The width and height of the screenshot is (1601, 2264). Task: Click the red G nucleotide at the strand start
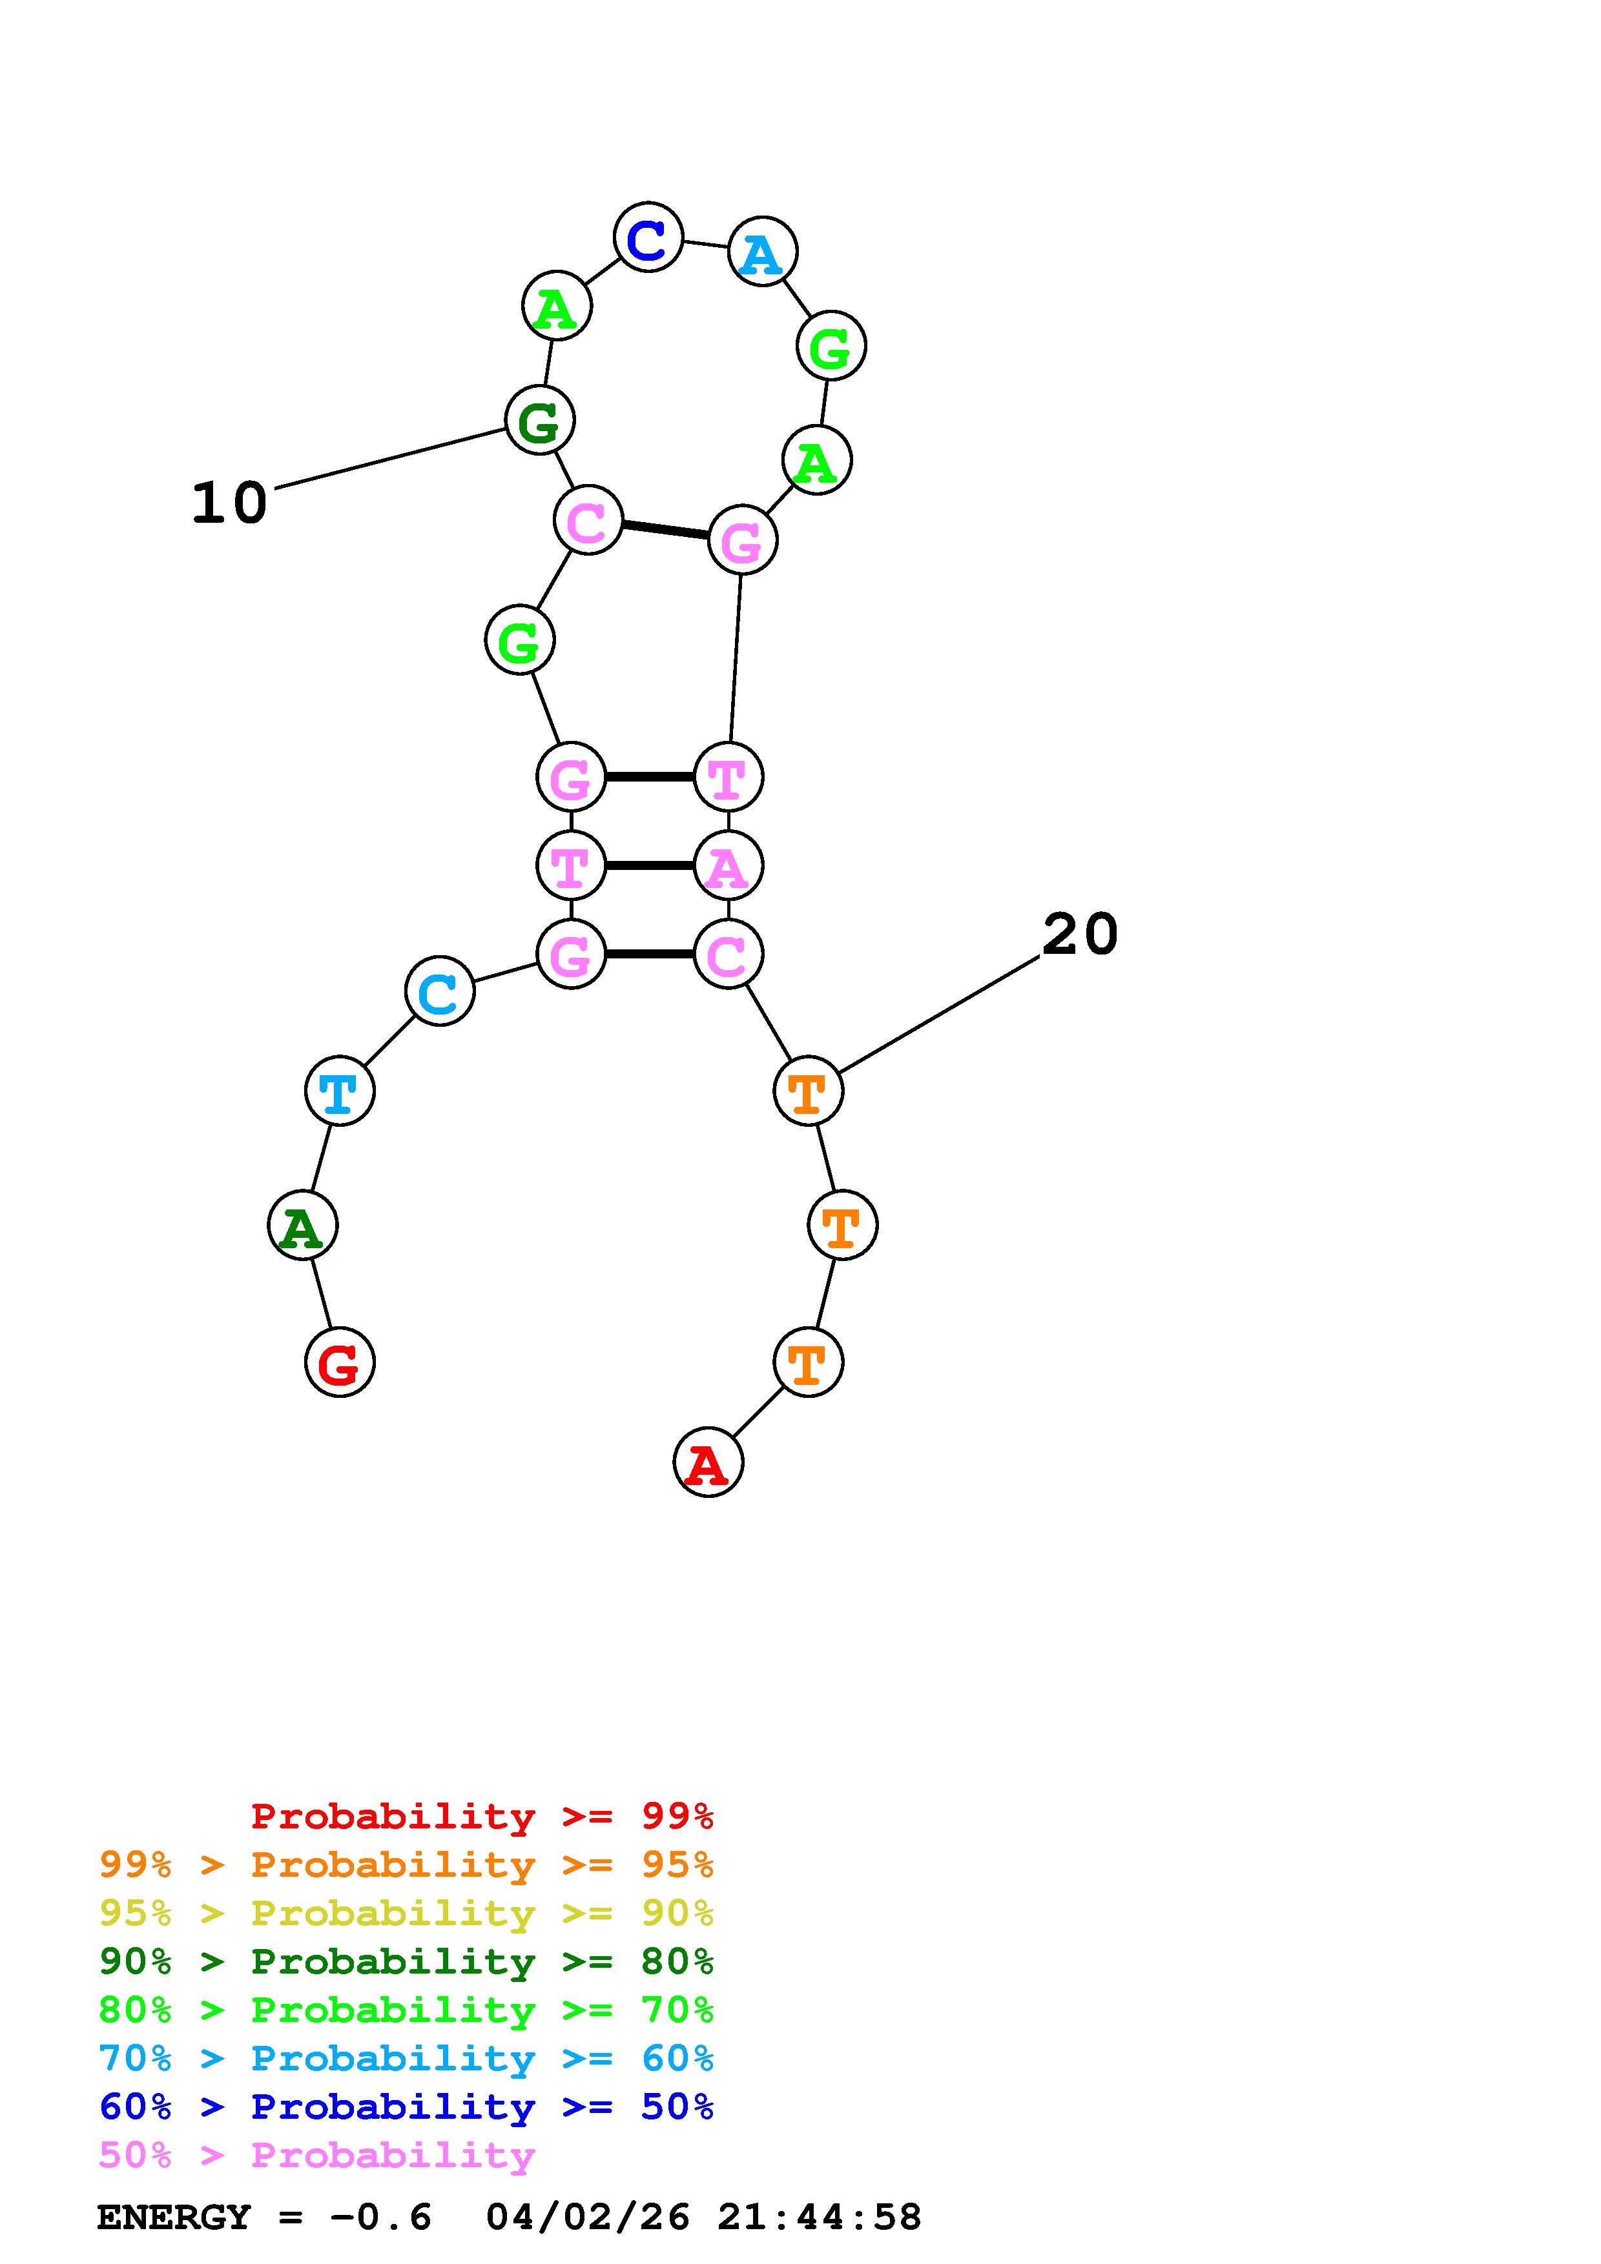coord(339,1363)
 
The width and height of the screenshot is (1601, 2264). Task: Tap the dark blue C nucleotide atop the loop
coord(648,238)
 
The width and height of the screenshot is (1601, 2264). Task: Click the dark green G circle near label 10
coord(539,421)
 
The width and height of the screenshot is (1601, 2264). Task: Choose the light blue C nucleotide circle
coord(439,991)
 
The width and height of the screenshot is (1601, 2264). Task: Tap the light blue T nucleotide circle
coord(339,1091)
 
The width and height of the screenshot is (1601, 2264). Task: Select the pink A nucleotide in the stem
coord(728,865)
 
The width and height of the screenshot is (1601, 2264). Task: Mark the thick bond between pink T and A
coord(649,865)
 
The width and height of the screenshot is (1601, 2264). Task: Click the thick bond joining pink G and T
coord(649,777)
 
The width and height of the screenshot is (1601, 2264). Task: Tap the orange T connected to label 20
coord(808,1091)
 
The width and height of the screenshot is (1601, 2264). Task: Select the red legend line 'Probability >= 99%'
coord(482,1815)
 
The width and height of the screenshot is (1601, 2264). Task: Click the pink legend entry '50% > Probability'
coord(316,2156)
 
